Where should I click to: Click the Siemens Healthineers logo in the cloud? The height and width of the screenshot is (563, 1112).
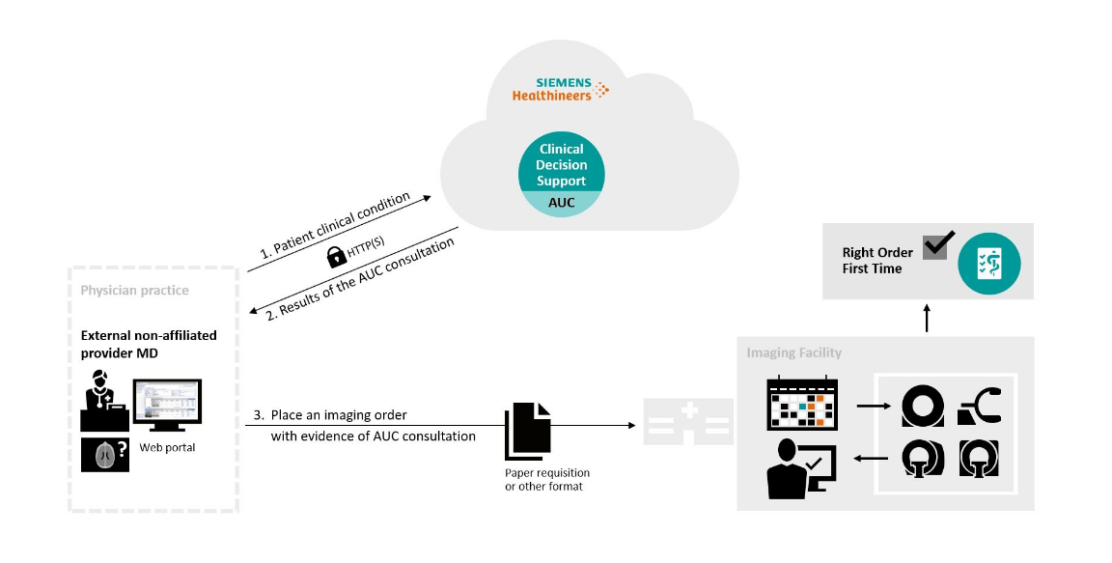pos(560,89)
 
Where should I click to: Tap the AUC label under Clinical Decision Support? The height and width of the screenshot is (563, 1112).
pos(562,203)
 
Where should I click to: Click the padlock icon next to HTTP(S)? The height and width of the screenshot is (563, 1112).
pos(336,256)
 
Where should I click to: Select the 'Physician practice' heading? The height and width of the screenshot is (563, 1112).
pos(134,290)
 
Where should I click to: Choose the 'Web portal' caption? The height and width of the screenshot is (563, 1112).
pos(167,448)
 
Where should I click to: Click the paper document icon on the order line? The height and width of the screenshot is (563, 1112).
pos(527,430)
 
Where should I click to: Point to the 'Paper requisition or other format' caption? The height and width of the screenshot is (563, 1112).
pos(546,479)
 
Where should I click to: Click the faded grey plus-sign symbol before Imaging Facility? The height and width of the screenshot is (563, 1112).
pos(688,423)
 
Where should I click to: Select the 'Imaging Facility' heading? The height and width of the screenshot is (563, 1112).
pos(793,352)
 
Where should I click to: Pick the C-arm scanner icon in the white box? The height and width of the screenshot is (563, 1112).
pos(979,406)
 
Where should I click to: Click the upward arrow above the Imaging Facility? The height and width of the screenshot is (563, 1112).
pos(927,319)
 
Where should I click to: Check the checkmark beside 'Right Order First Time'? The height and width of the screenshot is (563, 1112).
pos(938,244)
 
